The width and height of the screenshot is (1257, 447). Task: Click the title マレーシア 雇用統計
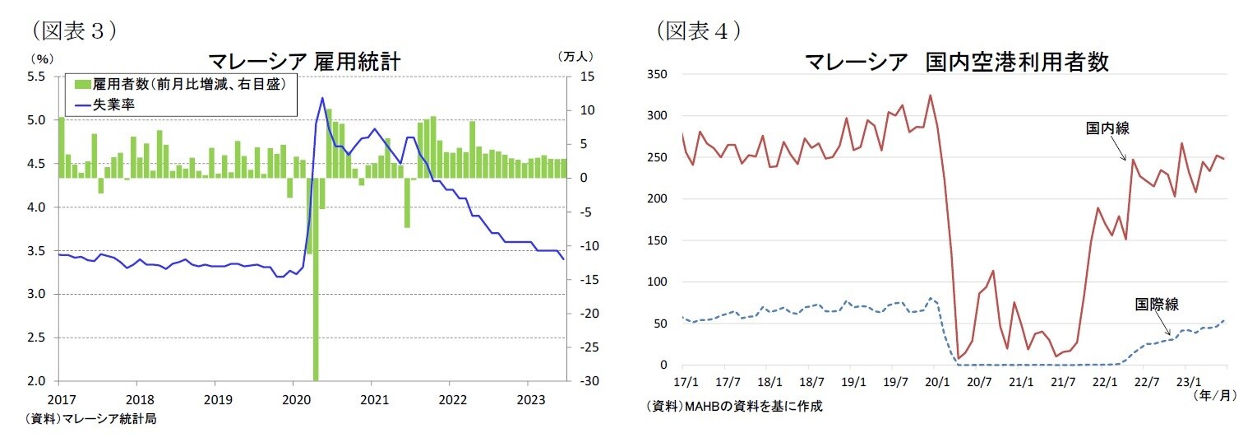click(x=304, y=62)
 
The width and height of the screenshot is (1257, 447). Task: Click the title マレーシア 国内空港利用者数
click(x=957, y=62)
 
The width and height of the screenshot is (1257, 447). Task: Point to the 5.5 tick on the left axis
click(x=36, y=77)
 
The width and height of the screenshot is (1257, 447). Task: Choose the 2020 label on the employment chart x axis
click(x=293, y=397)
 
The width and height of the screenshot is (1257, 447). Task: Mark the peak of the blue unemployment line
click(x=322, y=99)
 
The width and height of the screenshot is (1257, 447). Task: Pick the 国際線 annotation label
click(x=1157, y=305)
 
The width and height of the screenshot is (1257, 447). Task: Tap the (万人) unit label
click(x=575, y=57)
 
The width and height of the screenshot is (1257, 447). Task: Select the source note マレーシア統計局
click(x=90, y=419)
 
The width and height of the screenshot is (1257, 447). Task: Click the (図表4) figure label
click(x=699, y=30)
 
